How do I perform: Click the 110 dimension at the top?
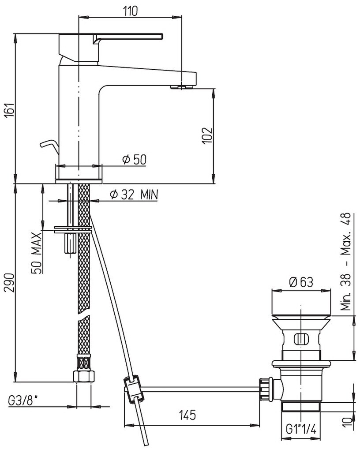[x=130, y=11]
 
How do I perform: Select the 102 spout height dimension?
[x=208, y=135]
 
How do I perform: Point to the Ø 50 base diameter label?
[x=134, y=160]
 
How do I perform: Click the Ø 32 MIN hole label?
[x=134, y=195]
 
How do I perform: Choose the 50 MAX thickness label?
[x=37, y=253]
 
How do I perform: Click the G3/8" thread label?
[x=23, y=400]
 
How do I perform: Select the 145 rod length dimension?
[x=187, y=415]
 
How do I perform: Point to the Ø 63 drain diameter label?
[x=301, y=282]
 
